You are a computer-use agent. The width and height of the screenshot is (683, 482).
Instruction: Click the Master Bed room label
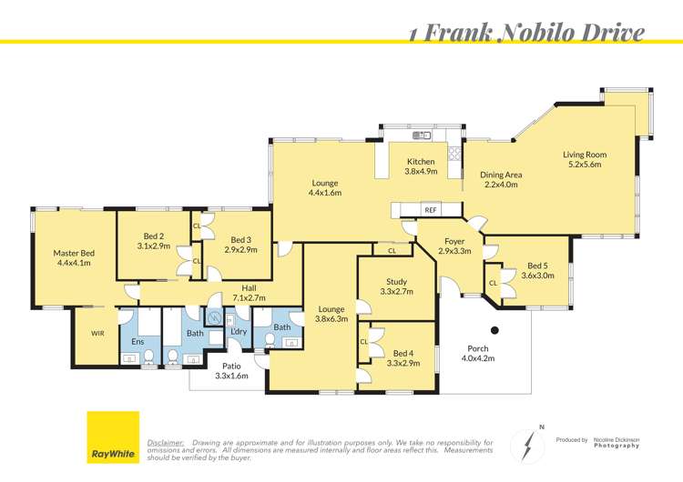pos(73,258)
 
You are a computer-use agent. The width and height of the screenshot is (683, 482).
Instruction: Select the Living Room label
pos(585,159)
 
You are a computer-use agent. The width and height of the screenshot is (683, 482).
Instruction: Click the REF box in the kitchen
pos(430,209)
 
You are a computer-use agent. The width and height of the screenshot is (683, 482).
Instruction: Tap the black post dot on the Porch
pos(495,330)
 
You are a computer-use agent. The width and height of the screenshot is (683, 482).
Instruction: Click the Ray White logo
pos(113,437)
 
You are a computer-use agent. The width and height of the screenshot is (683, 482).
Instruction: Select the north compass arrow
pos(529,443)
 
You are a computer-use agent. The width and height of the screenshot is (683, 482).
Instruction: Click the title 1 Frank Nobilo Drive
pos(526,34)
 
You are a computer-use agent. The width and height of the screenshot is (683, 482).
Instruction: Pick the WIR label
pos(97,334)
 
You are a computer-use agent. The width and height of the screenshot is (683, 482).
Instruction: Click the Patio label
pos(230,370)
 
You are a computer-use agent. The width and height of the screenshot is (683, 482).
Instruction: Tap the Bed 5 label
pos(537,269)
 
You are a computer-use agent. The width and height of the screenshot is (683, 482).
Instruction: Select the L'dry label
pos(240,331)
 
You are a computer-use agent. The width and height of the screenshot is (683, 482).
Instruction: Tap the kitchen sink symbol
pos(421,136)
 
